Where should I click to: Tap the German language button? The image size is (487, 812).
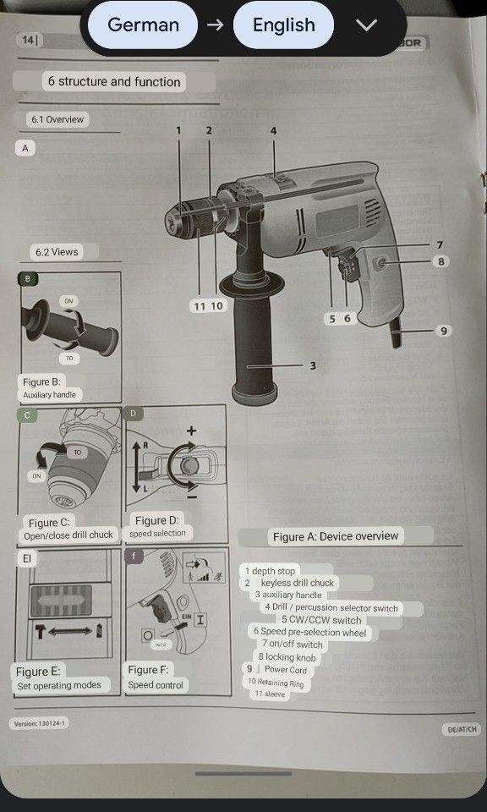(x=143, y=25)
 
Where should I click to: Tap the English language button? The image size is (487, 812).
(x=283, y=25)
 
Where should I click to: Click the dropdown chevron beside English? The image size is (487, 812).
(x=366, y=25)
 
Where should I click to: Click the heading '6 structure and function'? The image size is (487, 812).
(x=114, y=81)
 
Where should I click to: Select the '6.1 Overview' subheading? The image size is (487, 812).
(x=57, y=119)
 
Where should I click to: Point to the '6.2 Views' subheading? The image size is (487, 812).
(x=56, y=251)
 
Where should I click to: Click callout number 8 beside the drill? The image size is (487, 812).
(x=440, y=261)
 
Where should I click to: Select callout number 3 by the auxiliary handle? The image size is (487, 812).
(x=312, y=365)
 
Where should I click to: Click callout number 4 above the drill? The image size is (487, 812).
(x=273, y=130)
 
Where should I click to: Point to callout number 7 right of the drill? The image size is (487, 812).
(x=440, y=244)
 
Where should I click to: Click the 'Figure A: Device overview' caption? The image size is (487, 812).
(x=335, y=536)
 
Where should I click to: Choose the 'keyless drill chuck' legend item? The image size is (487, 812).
(x=296, y=583)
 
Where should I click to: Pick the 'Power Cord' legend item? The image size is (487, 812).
(x=286, y=669)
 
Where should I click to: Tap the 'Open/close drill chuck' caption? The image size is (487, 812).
(x=68, y=535)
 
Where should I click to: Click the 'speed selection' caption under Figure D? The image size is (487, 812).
(x=157, y=533)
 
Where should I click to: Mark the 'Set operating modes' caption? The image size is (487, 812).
(x=59, y=685)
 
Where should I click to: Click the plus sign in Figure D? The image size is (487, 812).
(x=192, y=431)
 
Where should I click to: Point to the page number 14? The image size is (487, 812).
(x=27, y=40)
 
